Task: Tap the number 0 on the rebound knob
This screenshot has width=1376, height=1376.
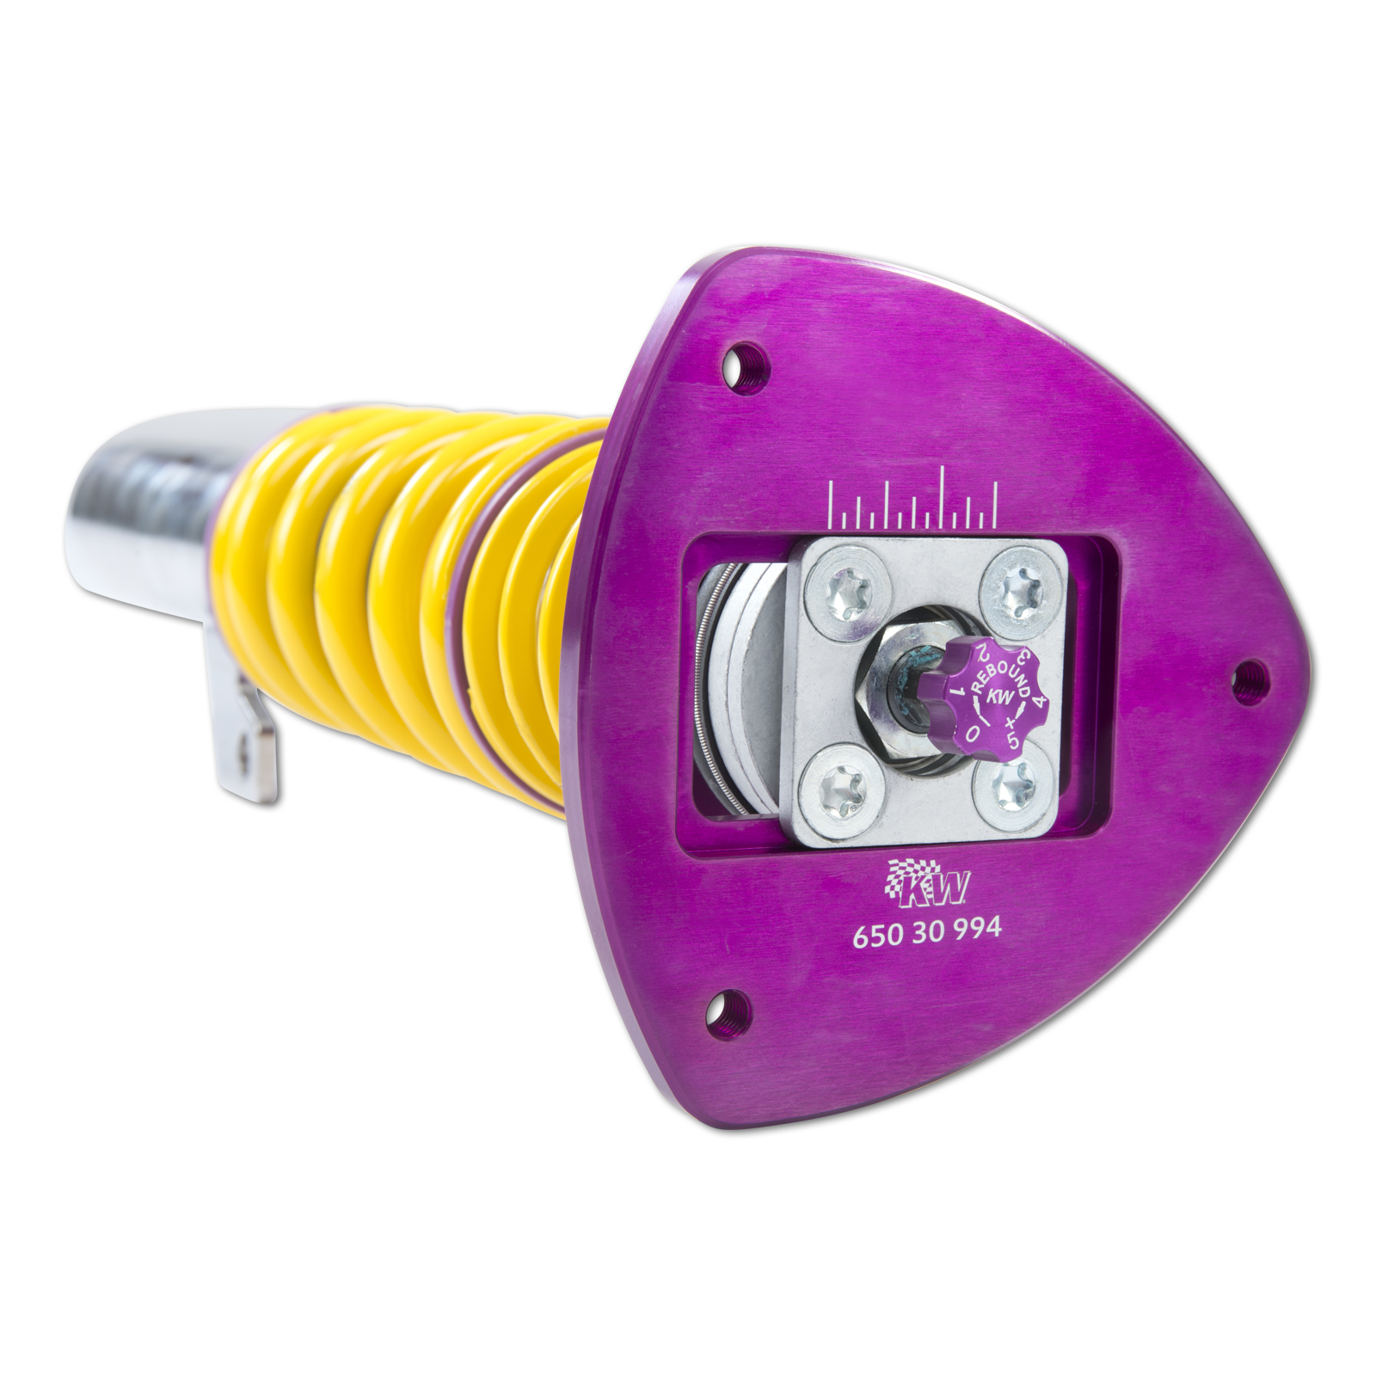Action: pos(973,732)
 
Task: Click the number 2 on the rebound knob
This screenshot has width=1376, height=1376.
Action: pos(979,656)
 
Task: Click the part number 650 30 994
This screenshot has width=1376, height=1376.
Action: pos(926,931)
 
